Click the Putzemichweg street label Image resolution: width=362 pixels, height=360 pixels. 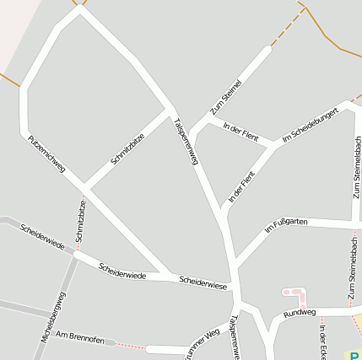click(46, 153)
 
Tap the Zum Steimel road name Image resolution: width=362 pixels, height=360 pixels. click(226, 96)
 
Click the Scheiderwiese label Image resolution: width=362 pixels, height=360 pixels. click(203, 282)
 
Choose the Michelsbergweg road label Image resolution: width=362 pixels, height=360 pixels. click(52, 318)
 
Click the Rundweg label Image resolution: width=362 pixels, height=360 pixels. click(300, 313)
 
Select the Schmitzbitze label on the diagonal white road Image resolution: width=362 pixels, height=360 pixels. click(127, 148)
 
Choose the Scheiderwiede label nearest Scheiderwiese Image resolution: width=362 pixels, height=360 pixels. click(122, 271)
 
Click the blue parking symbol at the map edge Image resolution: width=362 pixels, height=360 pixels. click(357, 356)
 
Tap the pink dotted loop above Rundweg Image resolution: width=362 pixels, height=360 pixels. click(294, 295)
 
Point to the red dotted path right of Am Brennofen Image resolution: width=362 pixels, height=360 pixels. click(128, 345)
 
